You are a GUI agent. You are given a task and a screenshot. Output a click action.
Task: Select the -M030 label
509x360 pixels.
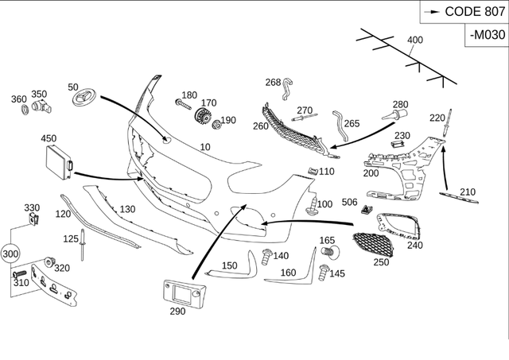[487, 35]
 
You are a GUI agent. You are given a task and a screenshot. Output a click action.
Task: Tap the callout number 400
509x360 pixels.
[415, 40]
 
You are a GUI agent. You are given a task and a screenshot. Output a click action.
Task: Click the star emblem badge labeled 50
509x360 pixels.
[82, 99]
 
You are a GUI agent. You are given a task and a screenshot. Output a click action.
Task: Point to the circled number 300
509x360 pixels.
[10, 254]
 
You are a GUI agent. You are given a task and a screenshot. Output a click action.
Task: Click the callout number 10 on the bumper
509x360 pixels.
[205, 147]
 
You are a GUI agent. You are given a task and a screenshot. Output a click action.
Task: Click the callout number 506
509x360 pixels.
[350, 203]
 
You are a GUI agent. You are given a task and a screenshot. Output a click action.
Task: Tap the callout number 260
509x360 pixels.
[261, 126]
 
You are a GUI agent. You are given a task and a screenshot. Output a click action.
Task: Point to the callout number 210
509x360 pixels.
[468, 192]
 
